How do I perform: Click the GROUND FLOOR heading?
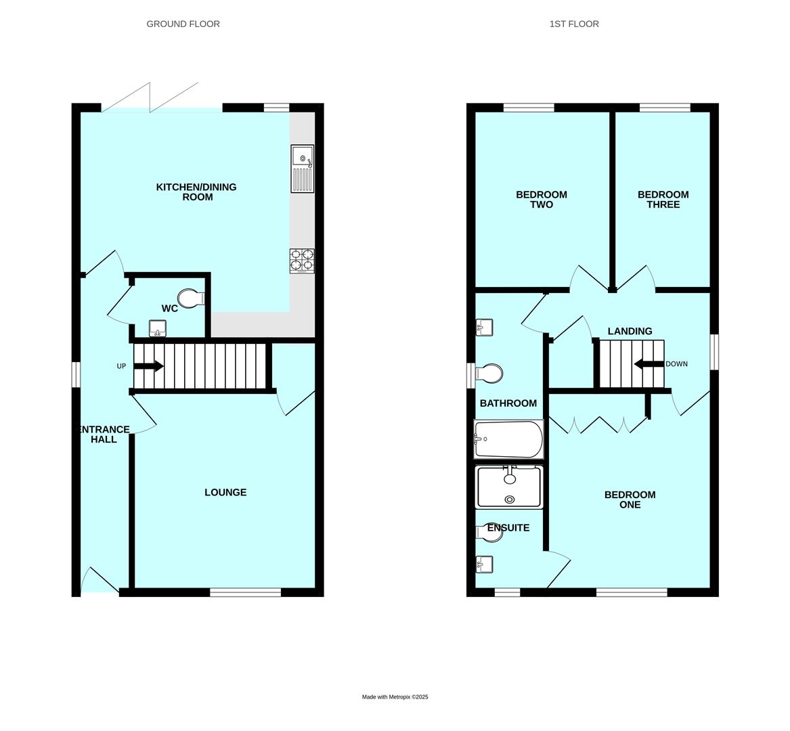(183, 24)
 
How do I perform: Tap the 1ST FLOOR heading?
(574, 24)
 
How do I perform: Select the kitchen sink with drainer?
(303, 169)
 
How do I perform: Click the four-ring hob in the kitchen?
(302, 261)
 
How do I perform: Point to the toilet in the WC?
(191, 298)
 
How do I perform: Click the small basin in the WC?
(158, 328)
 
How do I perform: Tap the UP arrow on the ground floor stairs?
(148, 366)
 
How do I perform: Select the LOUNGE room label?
(225, 492)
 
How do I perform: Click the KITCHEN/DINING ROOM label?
(196, 192)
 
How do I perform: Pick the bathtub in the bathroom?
(509, 439)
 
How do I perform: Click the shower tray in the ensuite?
(509, 487)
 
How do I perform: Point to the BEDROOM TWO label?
(541, 200)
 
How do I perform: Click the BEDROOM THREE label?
(663, 200)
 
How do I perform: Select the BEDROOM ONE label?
(630, 500)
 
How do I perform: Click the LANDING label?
(630, 331)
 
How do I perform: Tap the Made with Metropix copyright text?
(395, 696)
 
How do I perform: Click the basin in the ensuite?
(484, 564)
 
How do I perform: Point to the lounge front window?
(245, 592)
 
